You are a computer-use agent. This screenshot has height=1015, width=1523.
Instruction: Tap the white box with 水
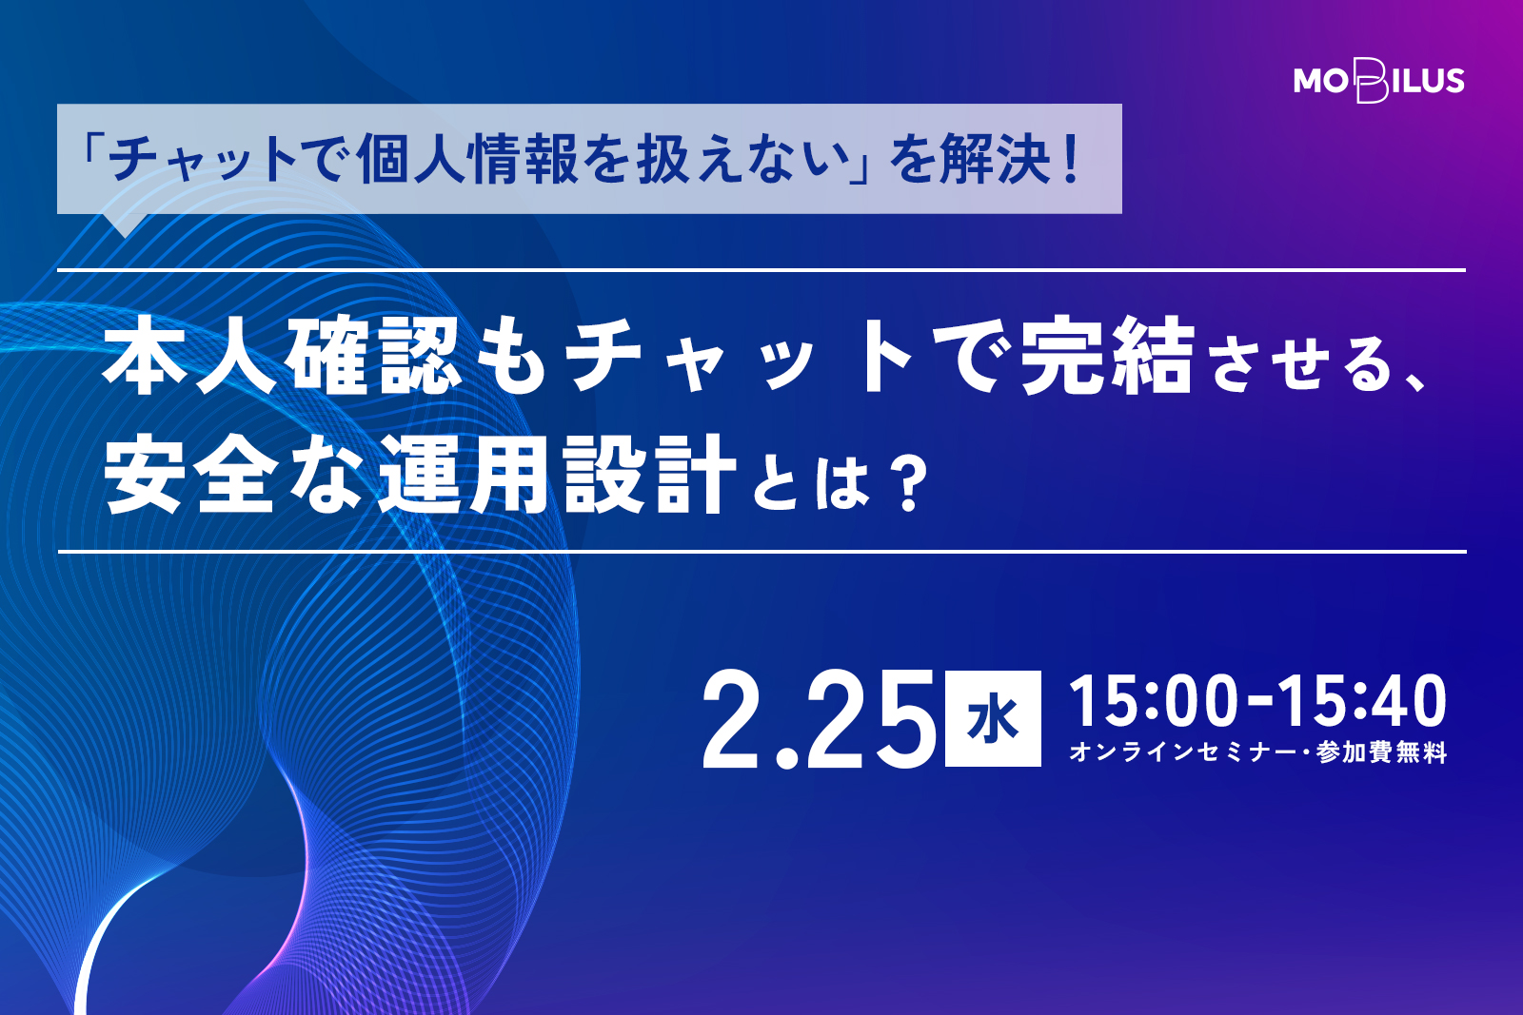(993, 718)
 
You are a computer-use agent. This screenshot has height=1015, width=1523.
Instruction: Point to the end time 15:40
(1362, 701)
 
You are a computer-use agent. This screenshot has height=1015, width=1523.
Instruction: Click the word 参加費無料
(1381, 752)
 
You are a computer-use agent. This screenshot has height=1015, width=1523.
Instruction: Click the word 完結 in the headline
(1108, 355)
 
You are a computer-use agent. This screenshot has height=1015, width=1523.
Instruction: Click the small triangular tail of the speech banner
(124, 224)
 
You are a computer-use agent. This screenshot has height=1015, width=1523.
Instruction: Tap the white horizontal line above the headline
(761, 270)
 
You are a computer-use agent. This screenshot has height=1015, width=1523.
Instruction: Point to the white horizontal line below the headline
(761, 551)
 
